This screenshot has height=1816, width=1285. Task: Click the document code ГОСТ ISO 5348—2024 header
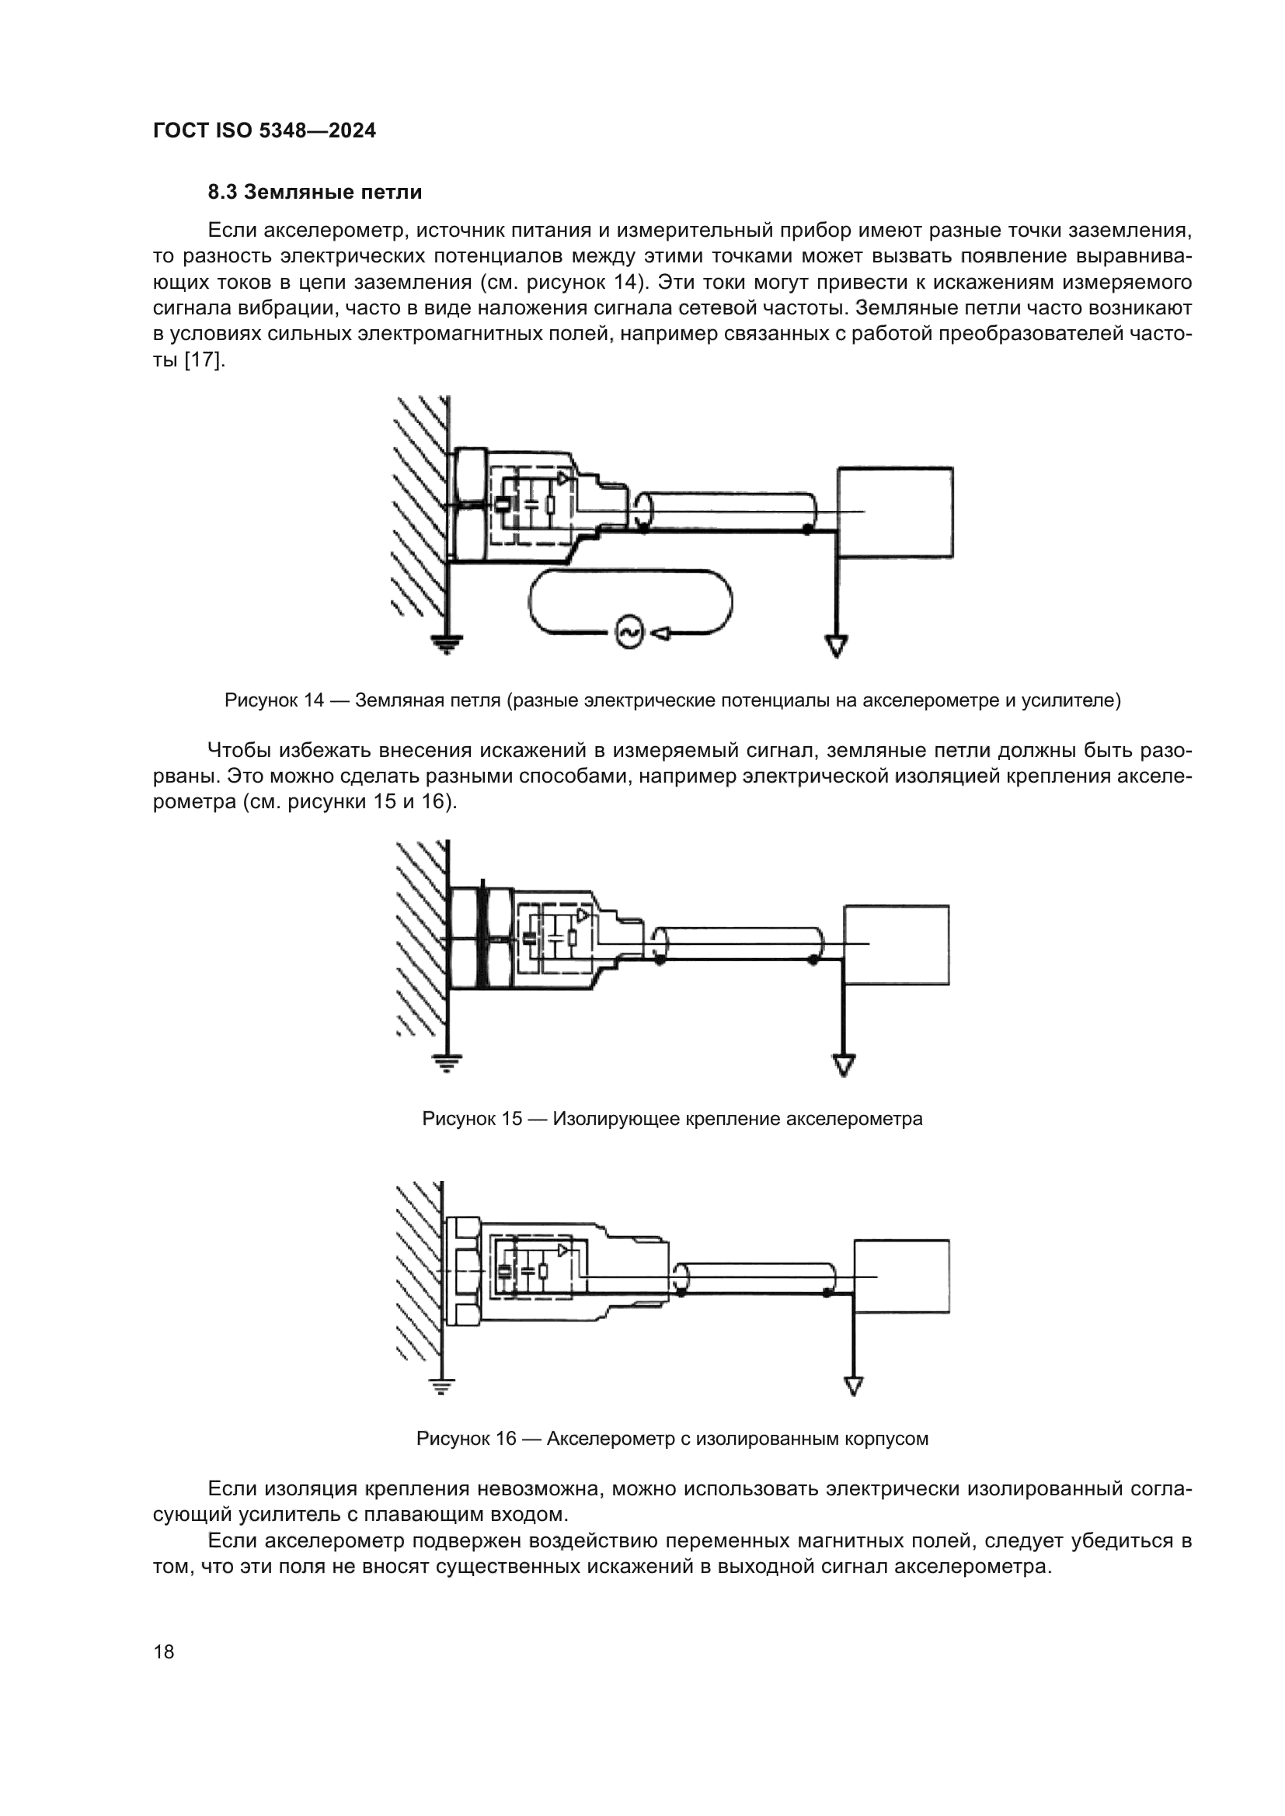(264, 130)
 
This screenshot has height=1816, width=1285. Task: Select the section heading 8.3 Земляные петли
(315, 193)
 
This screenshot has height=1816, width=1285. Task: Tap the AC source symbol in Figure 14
(631, 632)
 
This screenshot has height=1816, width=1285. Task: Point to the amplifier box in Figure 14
(895, 512)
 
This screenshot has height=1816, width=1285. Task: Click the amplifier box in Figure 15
(897, 944)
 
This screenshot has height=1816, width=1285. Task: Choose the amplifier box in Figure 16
(901, 1276)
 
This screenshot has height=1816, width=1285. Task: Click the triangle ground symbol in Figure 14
(837, 646)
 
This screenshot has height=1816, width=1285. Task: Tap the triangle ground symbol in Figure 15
(844, 1064)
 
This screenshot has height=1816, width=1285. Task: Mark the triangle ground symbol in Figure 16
(854, 1386)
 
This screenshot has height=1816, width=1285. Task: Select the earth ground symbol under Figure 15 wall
(447, 1063)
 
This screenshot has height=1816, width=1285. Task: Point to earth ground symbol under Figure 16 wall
(441, 1386)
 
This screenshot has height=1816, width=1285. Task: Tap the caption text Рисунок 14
(273, 701)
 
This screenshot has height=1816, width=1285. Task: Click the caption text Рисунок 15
(472, 1120)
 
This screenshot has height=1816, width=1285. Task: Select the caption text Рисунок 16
(466, 1439)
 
